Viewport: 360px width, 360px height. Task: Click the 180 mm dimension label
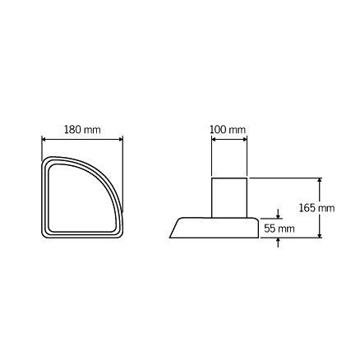point(82,130)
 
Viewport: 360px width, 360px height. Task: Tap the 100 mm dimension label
point(228,130)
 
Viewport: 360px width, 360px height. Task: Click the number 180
point(74,130)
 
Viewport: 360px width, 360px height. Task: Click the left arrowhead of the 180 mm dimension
point(44,139)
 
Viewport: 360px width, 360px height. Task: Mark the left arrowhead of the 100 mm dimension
point(214,139)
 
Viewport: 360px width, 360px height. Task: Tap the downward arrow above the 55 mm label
point(279,217)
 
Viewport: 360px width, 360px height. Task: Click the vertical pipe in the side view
point(228,197)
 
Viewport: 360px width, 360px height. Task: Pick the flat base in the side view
point(215,228)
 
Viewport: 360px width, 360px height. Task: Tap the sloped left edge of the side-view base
point(175,228)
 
